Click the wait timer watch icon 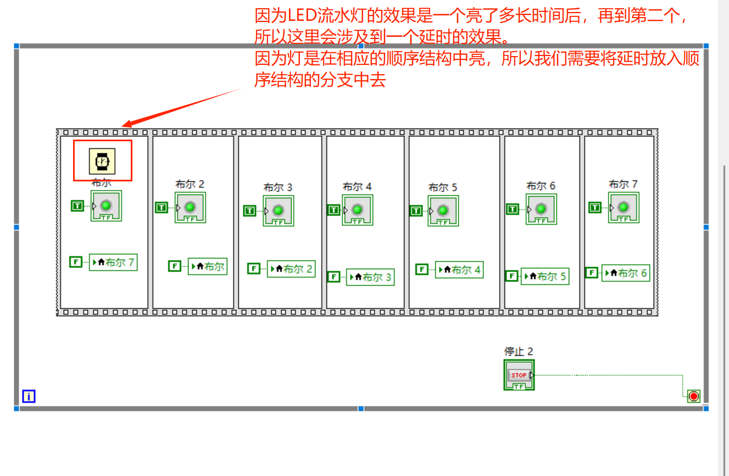(102, 161)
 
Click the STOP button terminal (519, 375)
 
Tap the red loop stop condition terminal (694, 396)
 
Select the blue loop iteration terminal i (29, 396)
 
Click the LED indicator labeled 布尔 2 (190, 207)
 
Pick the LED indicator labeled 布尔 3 (278, 211)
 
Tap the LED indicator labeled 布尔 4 (357, 209)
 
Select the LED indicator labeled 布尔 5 (443, 211)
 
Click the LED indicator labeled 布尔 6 (541, 209)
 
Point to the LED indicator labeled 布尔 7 (623, 207)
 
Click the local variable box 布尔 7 (113, 262)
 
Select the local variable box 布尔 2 (291, 269)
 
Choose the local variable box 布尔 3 (370, 277)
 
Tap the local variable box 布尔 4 (459, 270)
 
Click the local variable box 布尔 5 (544, 276)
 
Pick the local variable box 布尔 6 (626, 273)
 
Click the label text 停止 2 (519, 351)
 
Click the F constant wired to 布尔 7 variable (76, 262)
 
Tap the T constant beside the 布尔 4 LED (333, 209)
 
